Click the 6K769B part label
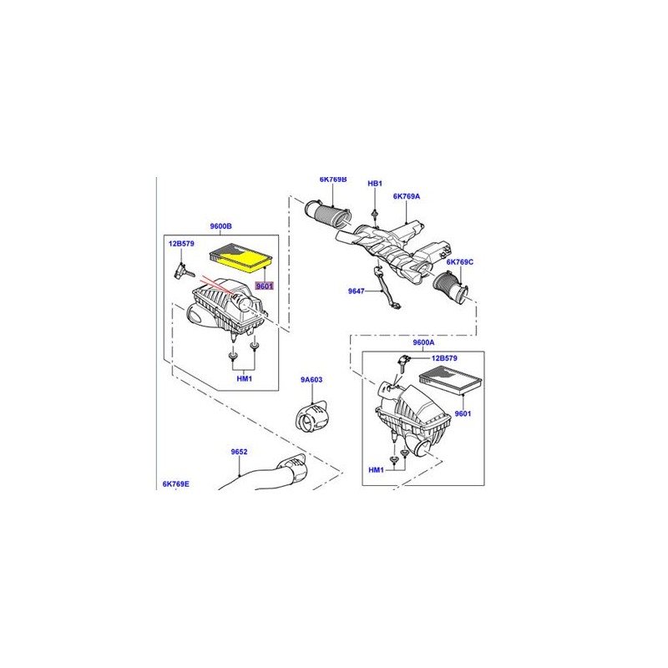[332, 180]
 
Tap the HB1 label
[375, 183]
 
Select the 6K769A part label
[407, 196]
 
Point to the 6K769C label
[459, 262]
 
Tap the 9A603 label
[311, 380]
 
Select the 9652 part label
[240, 452]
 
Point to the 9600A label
[424, 342]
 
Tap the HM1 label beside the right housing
[377, 471]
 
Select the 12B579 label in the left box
[181, 244]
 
